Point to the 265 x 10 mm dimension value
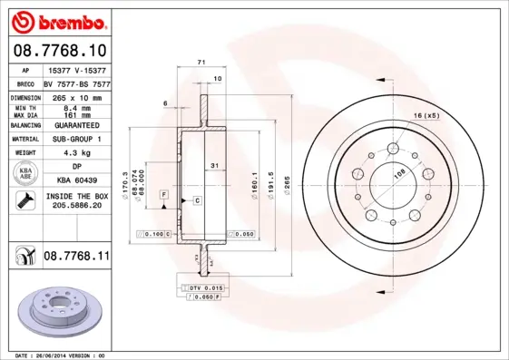point(77,97)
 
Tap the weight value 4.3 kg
point(77,153)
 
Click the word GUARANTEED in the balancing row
point(77,125)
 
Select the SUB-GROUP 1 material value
point(77,139)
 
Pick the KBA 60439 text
point(77,181)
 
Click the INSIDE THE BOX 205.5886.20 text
point(77,201)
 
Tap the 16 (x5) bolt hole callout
point(426,116)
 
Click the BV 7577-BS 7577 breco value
point(77,83)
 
